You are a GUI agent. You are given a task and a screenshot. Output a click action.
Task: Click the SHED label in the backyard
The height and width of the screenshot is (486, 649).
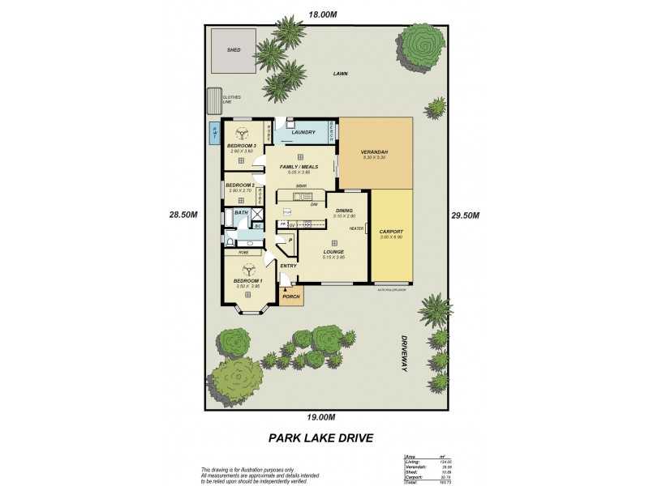click(x=234, y=49)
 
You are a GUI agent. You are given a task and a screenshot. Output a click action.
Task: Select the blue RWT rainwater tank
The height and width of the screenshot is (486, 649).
click(x=214, y=133)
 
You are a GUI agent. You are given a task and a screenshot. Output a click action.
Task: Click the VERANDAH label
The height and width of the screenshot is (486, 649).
click(x=376, y=152)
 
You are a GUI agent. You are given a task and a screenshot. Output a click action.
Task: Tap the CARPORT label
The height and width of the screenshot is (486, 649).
click(x=391, y=232)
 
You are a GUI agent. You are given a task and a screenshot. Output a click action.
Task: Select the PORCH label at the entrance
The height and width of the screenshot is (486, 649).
click(x=290, y=296)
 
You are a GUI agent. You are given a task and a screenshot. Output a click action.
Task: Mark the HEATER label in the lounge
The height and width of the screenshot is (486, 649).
click(x=355, y=228)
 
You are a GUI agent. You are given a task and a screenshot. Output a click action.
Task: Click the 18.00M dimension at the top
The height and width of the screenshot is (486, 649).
click(x=322, y=14)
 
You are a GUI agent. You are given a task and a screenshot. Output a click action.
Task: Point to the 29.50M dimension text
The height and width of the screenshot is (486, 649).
click(x=466, y=215)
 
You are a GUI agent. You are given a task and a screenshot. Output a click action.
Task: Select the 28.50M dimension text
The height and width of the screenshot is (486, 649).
click(x=184, y=215)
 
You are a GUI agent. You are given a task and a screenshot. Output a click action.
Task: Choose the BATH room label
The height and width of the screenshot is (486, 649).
click(x=240, y=213)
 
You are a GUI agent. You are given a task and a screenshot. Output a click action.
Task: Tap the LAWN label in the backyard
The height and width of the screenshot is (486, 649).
click(x=340, y=74)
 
